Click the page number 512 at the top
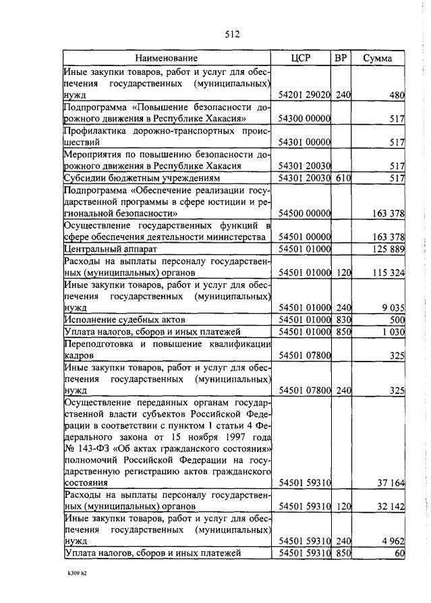click(x=231, y=34)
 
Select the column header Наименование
click(x=166, y=58)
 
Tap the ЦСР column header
click(x=301, y=58)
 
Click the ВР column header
click(x=341, y=58)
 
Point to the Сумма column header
click(x=377, y=58)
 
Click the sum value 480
click(x=397, y=95)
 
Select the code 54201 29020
click(x=304, y=95)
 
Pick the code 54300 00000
click(x=304, y=119)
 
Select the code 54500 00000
click(x=304, y=213)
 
